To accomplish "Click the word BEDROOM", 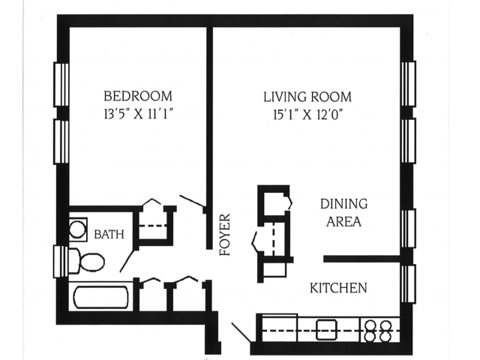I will pos(137,96).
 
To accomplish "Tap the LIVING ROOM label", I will pos(307,97).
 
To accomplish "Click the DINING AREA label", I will pos(343,212).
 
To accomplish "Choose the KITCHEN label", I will pos(338,287).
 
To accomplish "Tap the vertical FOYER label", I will pos(224,235).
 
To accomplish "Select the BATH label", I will pos(108,235).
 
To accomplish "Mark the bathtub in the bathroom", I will pos(101,295).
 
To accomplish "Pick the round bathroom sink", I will pos(78,228).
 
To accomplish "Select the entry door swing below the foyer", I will pos(241,332).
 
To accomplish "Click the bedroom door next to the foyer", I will pos(193,205).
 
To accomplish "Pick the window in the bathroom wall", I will pos(61,261).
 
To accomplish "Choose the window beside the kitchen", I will pos(408,283).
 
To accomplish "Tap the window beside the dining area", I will pos(408,228).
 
